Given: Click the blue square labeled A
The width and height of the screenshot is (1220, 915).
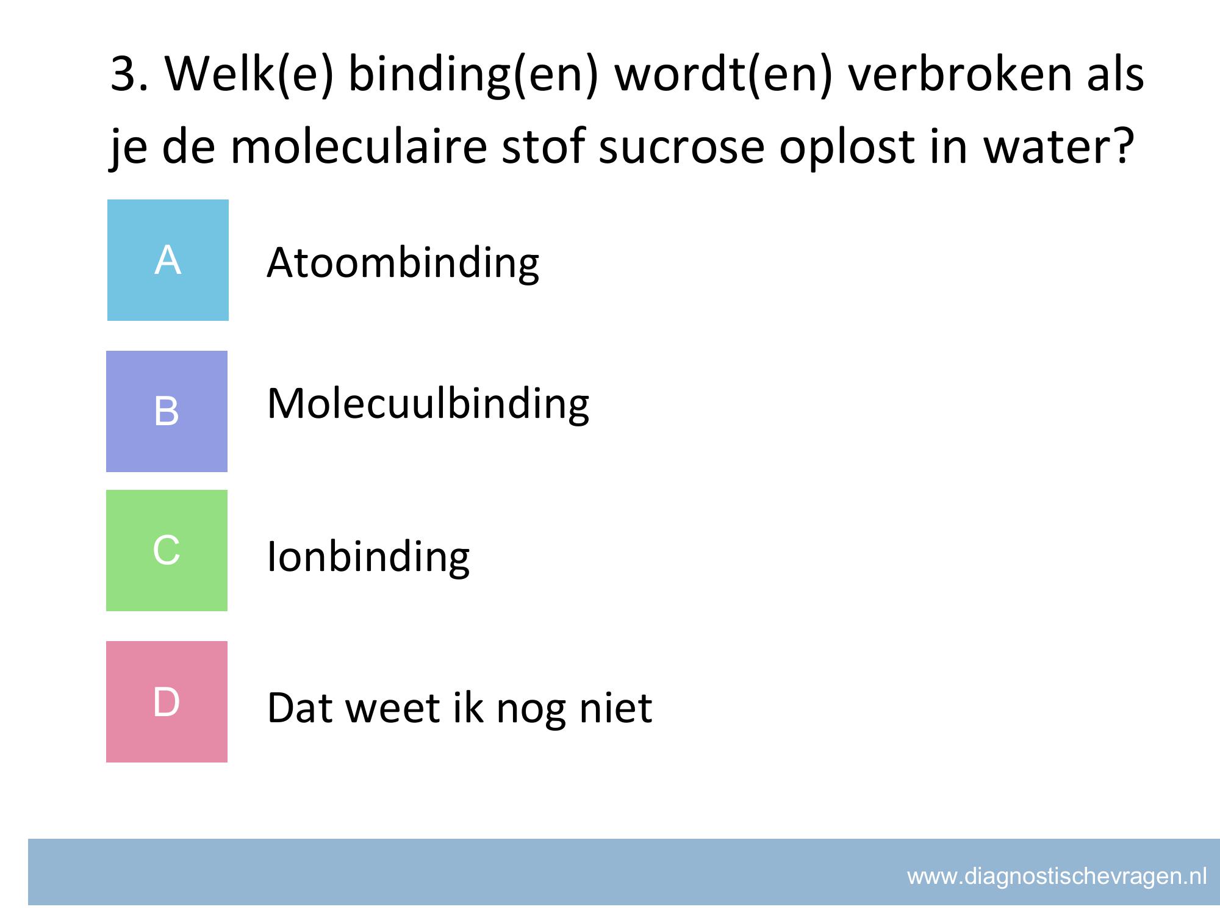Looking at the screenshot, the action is [168, 260].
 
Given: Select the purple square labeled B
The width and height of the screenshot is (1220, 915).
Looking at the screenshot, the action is [167, 411].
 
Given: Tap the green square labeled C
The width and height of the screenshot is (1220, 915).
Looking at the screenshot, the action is [167, 550].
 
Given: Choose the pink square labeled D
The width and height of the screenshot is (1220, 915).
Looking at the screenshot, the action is [167, 701].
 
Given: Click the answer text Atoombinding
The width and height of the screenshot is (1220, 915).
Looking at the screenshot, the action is [403, 264].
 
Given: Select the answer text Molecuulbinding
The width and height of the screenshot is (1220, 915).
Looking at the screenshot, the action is [428, 405].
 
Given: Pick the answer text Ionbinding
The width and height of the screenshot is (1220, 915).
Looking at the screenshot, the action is [368, 558].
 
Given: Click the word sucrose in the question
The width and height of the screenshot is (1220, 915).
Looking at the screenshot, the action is [681, 148].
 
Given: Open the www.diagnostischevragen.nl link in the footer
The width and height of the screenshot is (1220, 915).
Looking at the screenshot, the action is [1057, 877].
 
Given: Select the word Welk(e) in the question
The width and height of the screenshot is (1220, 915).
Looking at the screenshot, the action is [249, 74].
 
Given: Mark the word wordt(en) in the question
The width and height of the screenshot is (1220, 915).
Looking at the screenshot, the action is [723, 74].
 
